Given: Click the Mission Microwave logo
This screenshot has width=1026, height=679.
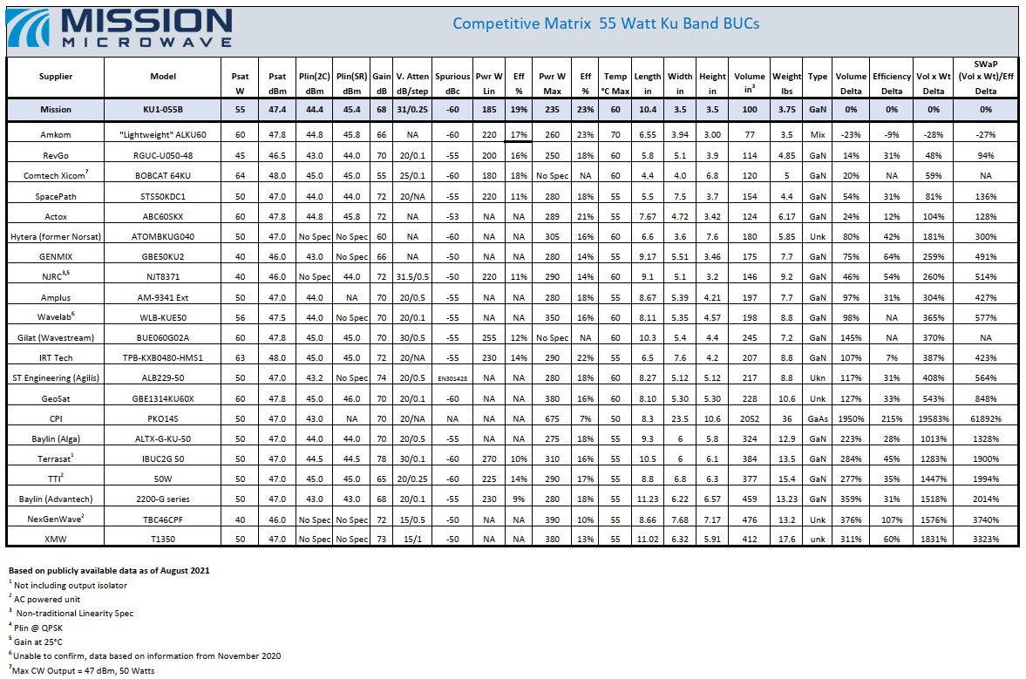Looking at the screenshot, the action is pyautogui.click(x=119, y=28).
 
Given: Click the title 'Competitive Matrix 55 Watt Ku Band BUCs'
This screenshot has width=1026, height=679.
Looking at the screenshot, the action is pyautogui.click(x=606, y=24).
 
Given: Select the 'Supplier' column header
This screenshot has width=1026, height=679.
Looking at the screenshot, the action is pyautogui.click(x=56, y=77).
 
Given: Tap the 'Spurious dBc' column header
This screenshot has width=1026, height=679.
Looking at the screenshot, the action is pyautogui.click(x=452, y=84).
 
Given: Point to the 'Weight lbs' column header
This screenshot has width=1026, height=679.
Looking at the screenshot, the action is pyautogui.click(x=786, y=84).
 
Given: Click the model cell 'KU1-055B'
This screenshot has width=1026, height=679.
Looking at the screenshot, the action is pyautogui.click(x=163, y=109).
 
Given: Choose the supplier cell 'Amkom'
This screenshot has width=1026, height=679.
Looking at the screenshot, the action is pyautogui.click(x=56, y=135).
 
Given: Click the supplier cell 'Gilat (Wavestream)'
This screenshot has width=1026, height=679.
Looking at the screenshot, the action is pyautogui.click(x=56, y=337).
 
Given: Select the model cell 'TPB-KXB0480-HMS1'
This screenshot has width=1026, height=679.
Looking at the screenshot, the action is pyautogui.click(x=163, y=358).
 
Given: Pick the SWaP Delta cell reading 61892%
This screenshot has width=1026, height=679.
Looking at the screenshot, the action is pyautogui.click(x=985, y=418).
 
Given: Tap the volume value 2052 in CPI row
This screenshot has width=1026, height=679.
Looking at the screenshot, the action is pyautogui.click(x=749, y=418).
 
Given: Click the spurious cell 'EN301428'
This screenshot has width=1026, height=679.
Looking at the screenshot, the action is pyautogui.click(x=452, y=378).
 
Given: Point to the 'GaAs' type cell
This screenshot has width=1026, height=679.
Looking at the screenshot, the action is pyautogui.click(x=818, y=418).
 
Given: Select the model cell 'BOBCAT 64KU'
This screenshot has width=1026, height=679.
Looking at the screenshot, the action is pyautogui.click(x=163, y=175).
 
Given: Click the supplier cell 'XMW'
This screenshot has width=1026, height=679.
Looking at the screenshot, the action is pyautogui.click(x=56, y=539).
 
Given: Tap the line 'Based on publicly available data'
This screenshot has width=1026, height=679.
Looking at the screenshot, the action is pyautogui.click(x=109, y=570).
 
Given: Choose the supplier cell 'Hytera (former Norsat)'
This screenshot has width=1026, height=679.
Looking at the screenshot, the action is pyautogui.click(x=56, y=237).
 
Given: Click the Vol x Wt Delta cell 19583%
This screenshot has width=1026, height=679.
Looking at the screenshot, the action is pyautogui.click(x=934, y=418).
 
